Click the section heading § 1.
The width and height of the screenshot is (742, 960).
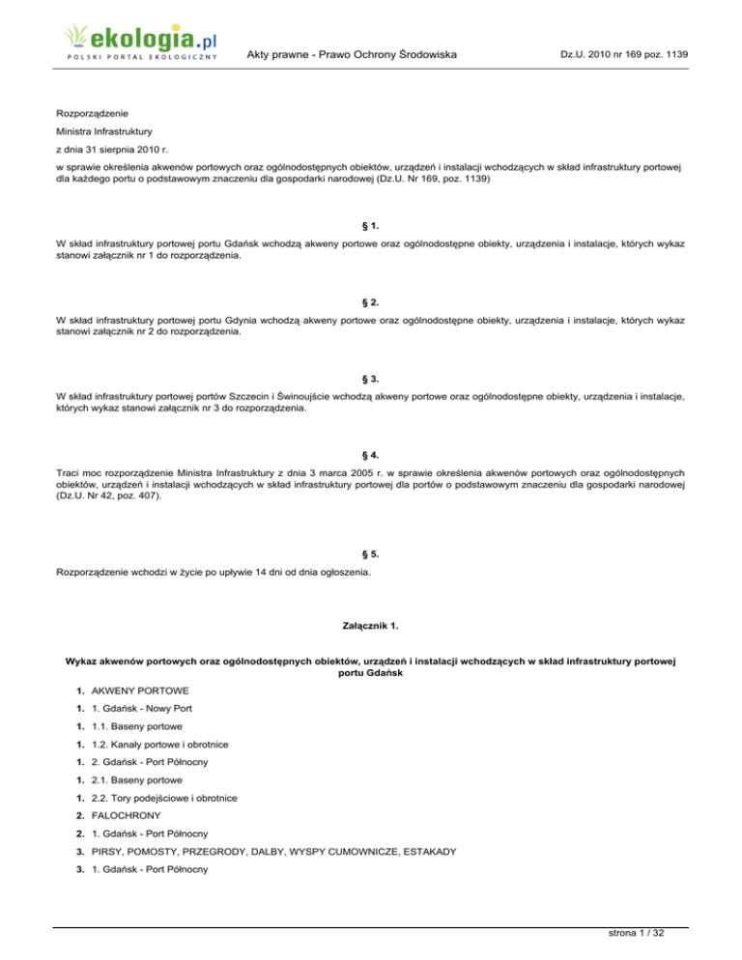coord(371,226)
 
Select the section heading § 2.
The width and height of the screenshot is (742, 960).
coord(371,301)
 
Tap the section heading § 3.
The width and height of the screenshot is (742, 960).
coord(371,377)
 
